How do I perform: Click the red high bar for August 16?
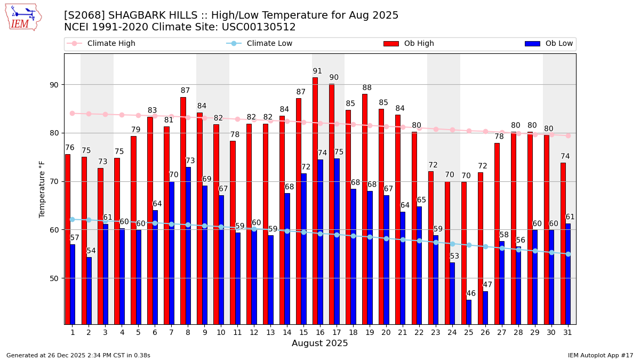(315, 201)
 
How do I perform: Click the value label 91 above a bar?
(317, 71)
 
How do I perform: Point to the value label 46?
(471, 294)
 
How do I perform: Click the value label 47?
(487, 285)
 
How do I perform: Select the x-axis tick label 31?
(567, 332)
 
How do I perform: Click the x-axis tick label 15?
(303, 332)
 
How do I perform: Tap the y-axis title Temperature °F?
(42, 189)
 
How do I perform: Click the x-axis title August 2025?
(319, 343)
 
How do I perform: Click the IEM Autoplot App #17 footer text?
(600, 355)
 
